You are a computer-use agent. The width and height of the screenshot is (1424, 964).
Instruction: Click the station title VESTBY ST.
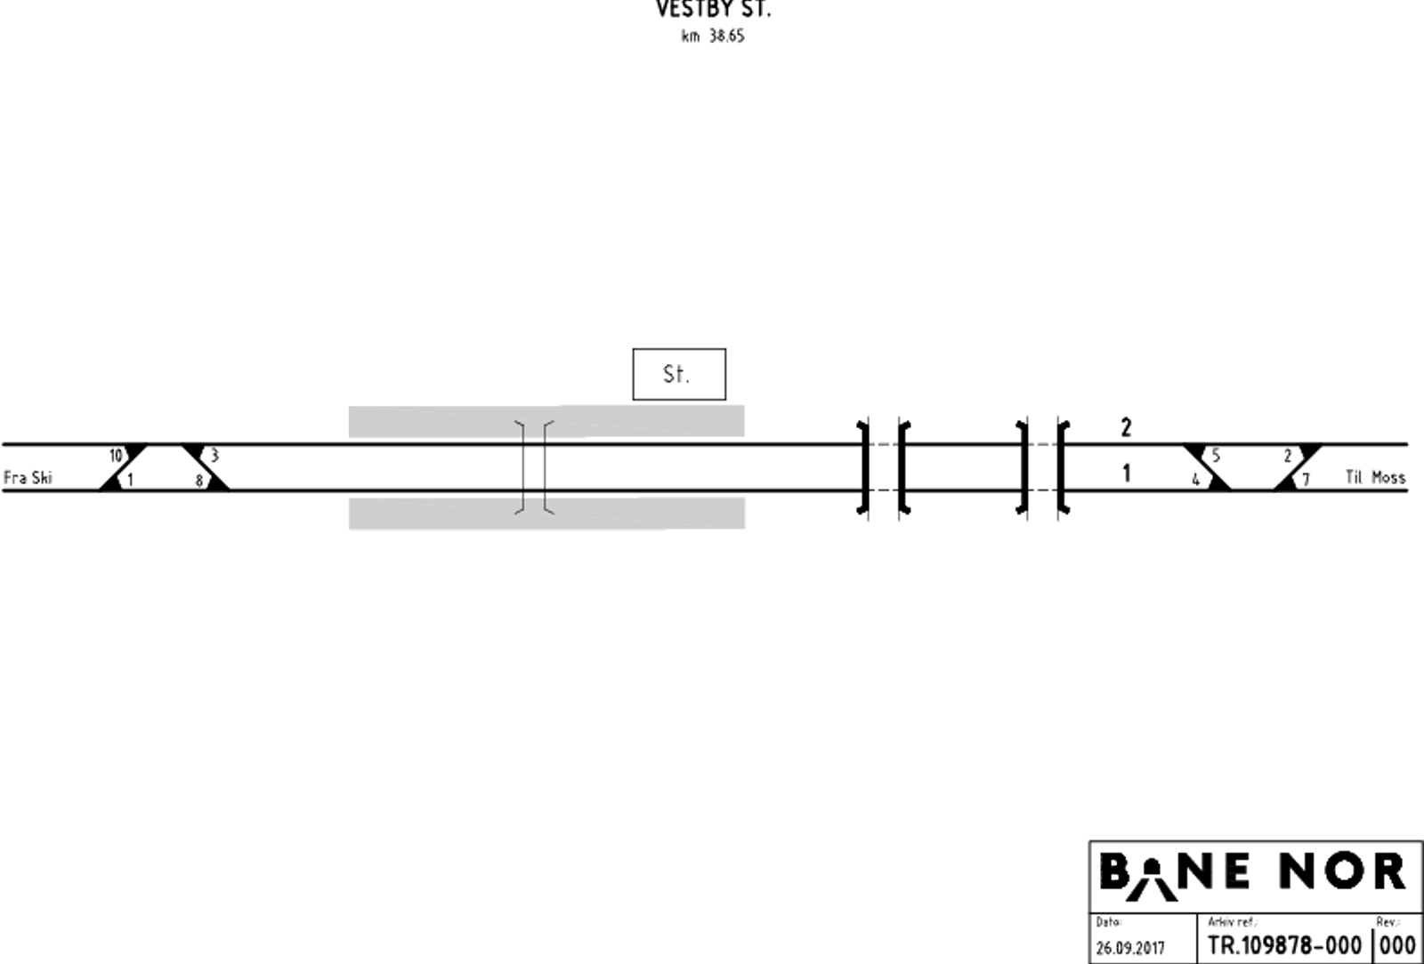(x=713, y=9)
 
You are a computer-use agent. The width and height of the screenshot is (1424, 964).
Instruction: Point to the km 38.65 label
(x=713, y=36)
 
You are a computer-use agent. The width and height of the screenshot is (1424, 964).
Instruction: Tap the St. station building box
(x=679, y=374)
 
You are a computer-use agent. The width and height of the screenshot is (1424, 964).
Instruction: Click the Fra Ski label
(x=28, y=477)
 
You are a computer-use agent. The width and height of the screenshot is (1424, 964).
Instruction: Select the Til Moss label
(x=1375, y=477)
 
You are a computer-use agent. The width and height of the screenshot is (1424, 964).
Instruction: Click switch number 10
(x=116, y=455)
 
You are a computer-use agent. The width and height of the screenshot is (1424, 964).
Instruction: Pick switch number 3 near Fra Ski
(x=214, y=455)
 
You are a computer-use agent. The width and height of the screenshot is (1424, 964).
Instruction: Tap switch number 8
(x=199, y=481)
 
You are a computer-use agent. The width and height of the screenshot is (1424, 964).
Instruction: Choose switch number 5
(x=1216, y=455)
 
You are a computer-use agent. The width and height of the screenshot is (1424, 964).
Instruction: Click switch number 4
(x=1196, y=480)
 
